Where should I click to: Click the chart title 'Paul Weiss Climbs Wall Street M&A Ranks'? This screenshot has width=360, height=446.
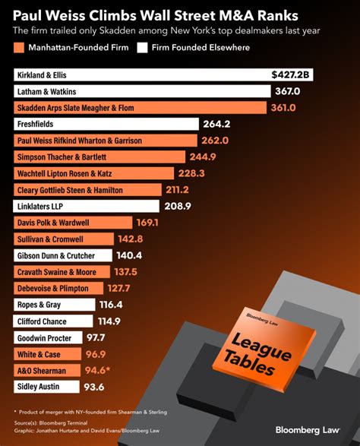tap(156, 14)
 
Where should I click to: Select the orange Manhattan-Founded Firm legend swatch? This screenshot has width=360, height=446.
tap(20, 48)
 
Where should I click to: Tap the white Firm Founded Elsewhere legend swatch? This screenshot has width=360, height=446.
tap(142, 48)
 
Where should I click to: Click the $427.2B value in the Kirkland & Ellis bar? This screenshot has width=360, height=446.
tap(292, 75)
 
